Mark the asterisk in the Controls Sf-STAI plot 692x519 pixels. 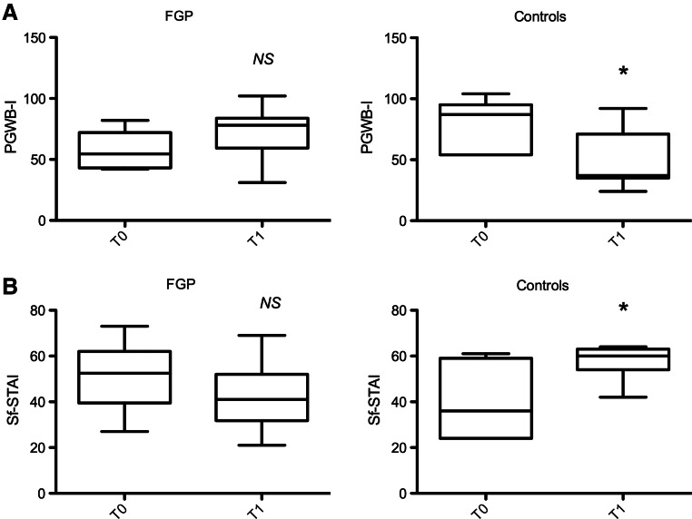(623, 308)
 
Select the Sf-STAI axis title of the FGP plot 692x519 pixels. (11, 401)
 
